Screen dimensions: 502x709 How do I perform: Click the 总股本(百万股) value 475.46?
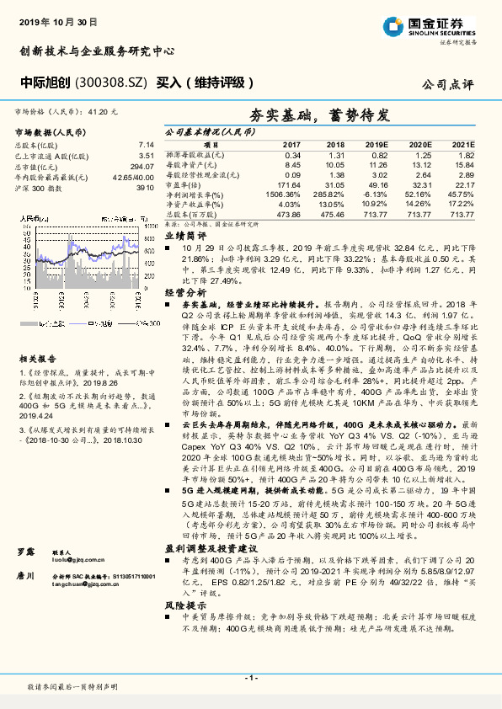coord(334,214)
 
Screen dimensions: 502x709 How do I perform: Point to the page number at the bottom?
coord(251,677)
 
